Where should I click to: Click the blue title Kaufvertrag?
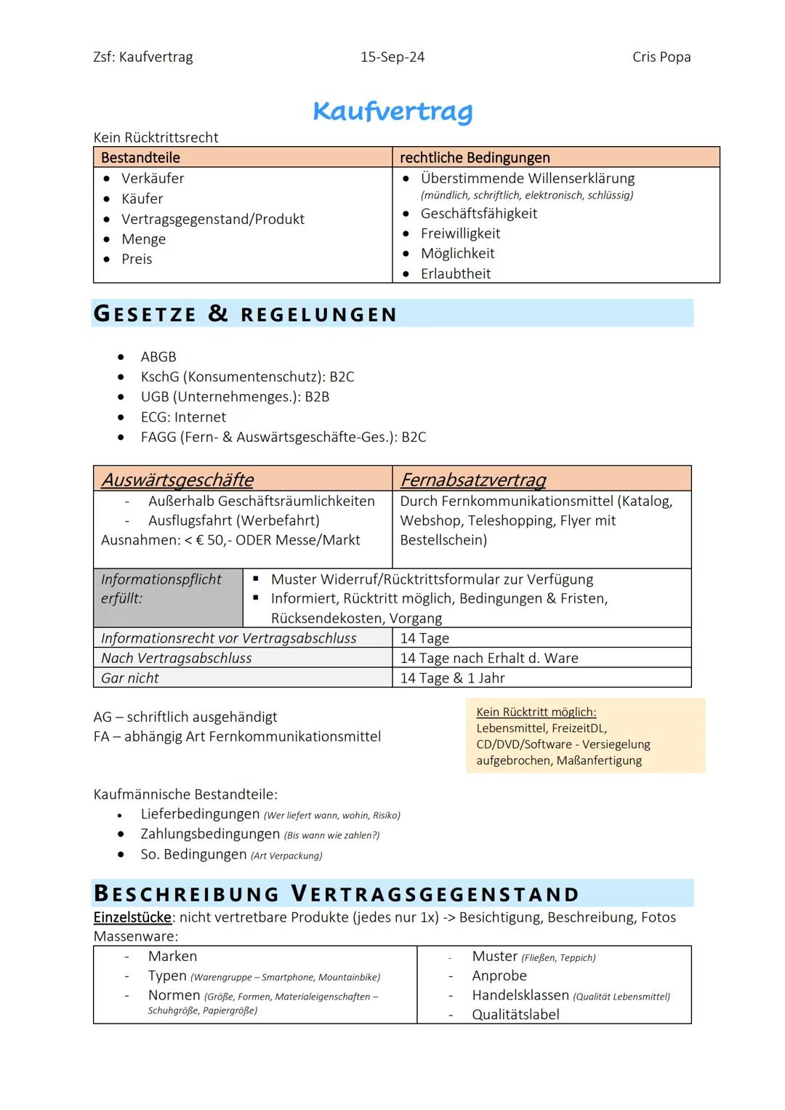pos(392,111)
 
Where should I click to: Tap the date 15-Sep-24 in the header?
pos(392,57)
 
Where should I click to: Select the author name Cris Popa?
pos(661,57)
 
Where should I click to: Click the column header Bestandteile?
pos(140,158)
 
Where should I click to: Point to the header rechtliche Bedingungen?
pos(475,158)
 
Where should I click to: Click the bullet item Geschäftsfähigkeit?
pos(478,214)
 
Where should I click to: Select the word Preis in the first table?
pos(137,260)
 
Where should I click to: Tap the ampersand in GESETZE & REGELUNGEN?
pos(218,313)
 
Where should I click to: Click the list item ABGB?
pos(158,357)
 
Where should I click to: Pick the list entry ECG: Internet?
pos(183,417)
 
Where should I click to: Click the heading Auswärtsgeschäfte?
pos(177,480)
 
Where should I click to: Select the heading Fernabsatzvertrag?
pos(472,480)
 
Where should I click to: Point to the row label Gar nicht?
pos(130,678)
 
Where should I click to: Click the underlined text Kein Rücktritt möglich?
pos(536,712)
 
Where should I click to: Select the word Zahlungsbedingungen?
pos(210,834)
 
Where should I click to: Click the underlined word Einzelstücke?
pos(132,917)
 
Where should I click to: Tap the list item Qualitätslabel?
pos(515,1015)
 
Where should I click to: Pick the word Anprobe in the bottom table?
pos(499,976)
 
